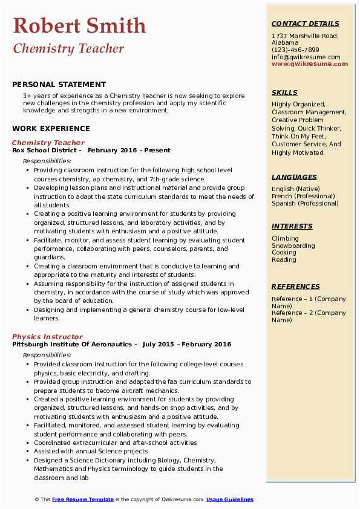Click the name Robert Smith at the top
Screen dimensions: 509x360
pos(79,25)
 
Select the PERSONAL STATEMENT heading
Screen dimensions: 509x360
pos(59,85)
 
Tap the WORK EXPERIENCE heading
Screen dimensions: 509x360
pos(51,128)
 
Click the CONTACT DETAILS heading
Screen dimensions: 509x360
pos(306,24)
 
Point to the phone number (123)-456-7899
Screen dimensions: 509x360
pos(295,50)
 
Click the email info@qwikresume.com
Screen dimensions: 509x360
pos(306,57)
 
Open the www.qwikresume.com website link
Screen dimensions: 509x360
pos(310,63)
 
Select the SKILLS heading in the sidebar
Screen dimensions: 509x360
pos(284,92)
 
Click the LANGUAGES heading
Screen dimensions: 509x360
pos(294,177)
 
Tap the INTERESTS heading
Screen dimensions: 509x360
pos(292,226)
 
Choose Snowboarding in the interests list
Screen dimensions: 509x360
pos(293,245)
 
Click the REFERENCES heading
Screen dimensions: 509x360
pos(296,287)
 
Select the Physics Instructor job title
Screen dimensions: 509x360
pos(47,337)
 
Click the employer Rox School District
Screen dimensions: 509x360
pos(46,150)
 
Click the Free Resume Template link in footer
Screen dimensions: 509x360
pos(83,499)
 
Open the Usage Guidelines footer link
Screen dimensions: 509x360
pos(229,499)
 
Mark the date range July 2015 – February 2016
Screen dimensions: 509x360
pos(187,344)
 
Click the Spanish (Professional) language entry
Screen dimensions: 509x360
pos(306,203)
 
